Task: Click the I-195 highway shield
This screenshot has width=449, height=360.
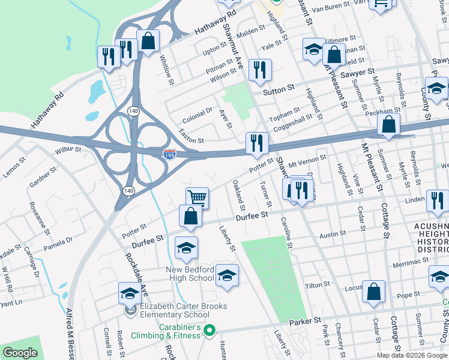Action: coord(170,155)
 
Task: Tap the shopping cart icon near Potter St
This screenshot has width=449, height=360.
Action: coord(197,197)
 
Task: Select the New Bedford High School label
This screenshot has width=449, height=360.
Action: coord(190,273)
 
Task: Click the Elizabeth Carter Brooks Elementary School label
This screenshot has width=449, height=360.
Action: coord(183,310)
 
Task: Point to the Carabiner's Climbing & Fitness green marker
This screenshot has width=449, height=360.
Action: coord(209,330)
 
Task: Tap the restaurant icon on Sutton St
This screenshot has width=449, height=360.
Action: coord(261,70)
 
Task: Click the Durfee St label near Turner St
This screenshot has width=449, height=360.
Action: coord(250,217)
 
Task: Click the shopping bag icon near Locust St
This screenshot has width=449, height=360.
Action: coord(373,292)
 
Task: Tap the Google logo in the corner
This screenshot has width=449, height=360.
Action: coord(20,353)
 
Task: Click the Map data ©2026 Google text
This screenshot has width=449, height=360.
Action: coord(411,355)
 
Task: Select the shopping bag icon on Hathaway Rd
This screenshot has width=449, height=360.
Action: coord(148,41)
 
